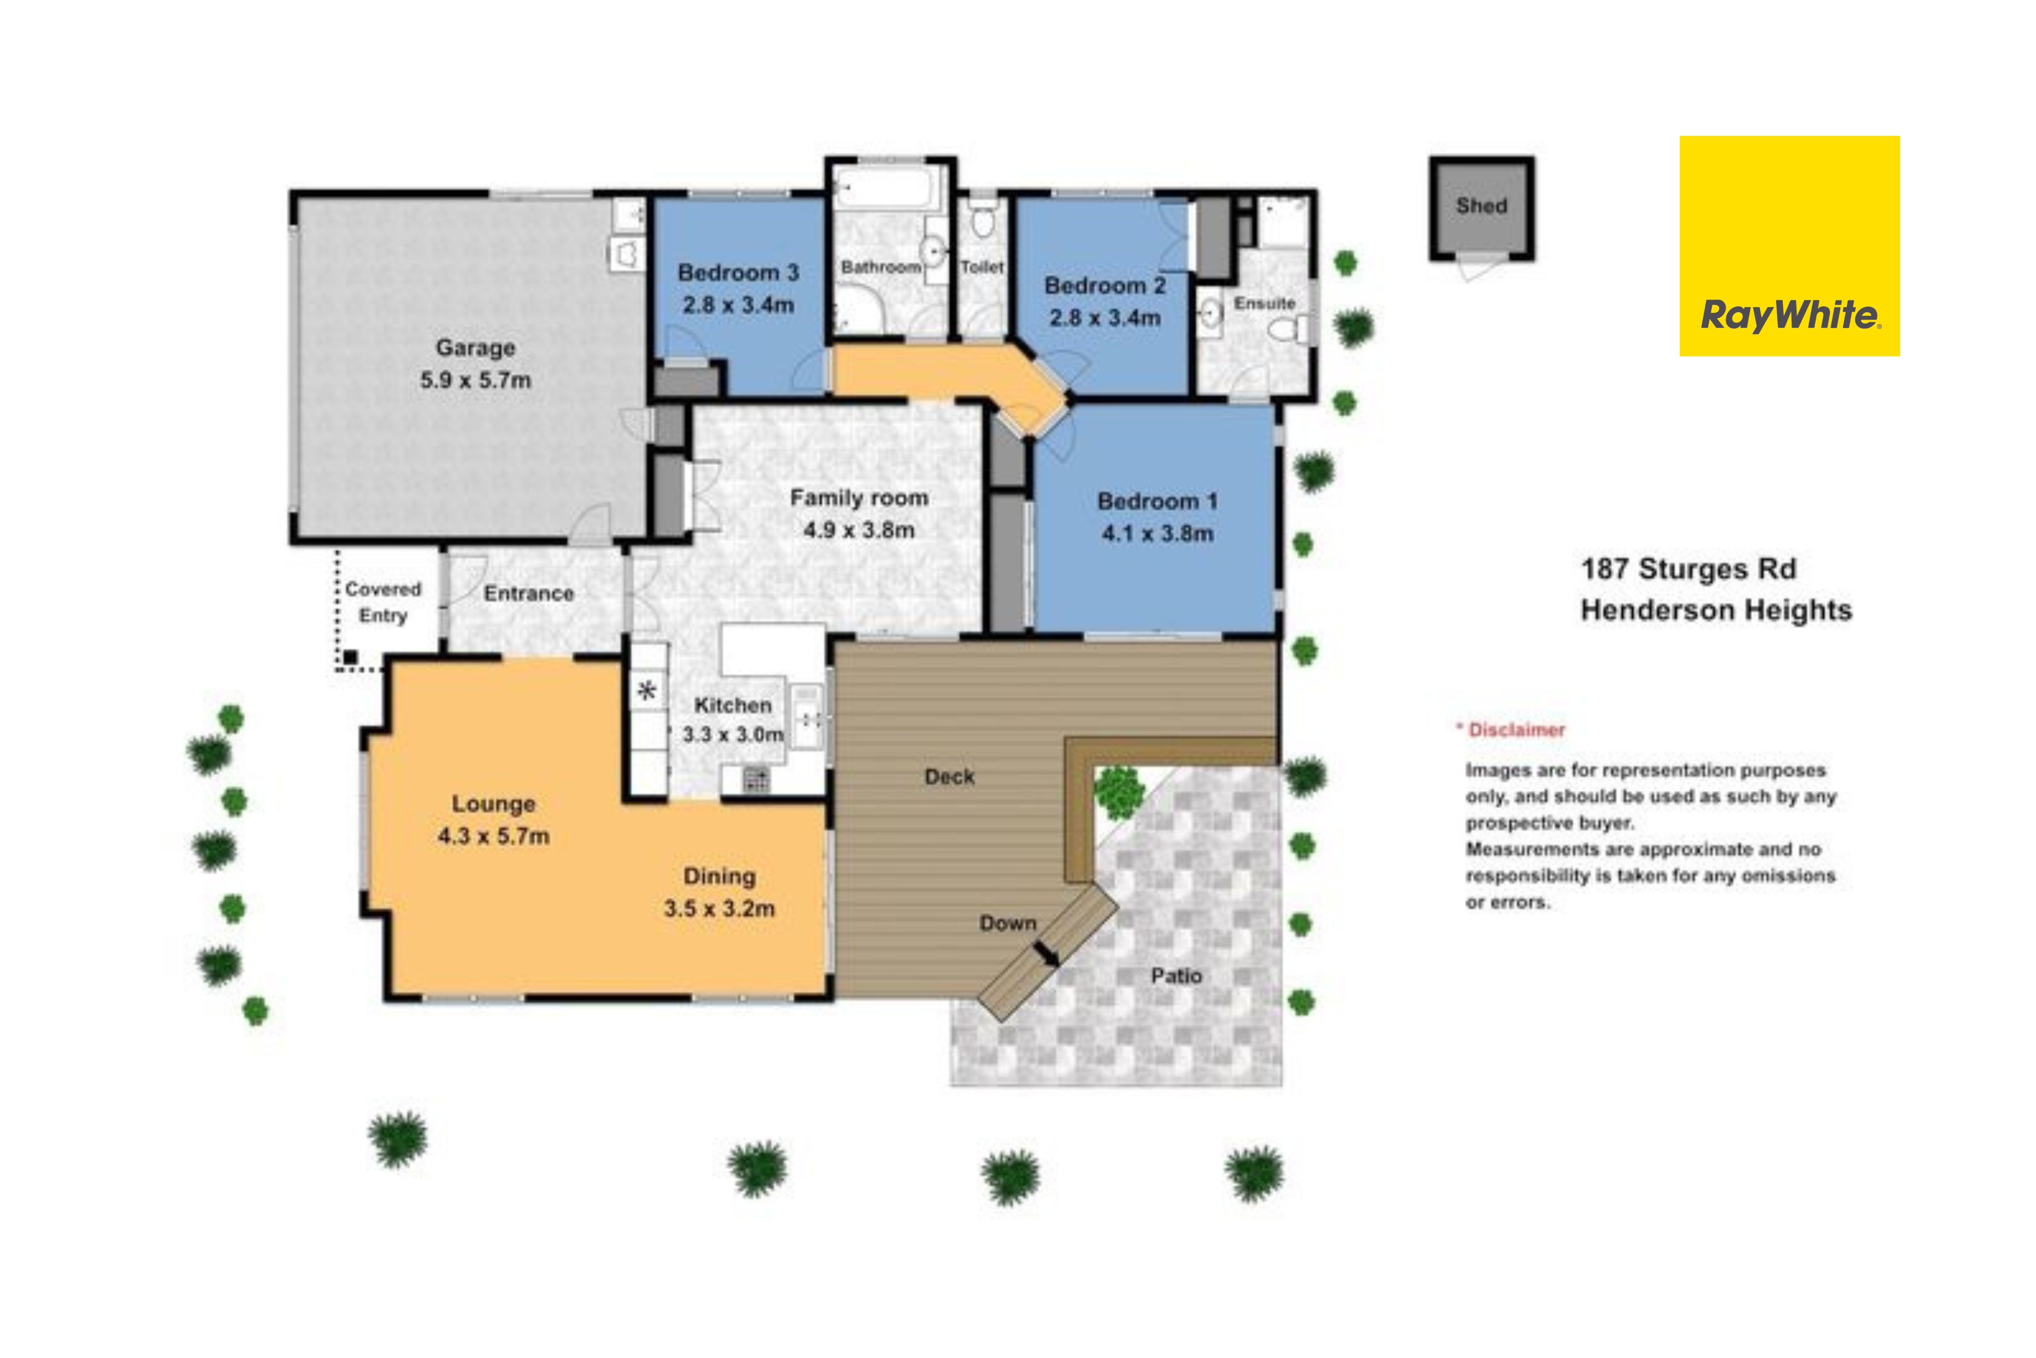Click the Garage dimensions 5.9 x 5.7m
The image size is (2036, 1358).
click(475, 380)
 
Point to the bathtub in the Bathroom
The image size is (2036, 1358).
click(888, 186)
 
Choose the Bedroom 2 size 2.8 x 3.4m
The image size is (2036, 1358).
click(1105, 318)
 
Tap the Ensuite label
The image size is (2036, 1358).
click(1264, 303)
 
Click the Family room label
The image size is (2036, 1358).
click(859, 498)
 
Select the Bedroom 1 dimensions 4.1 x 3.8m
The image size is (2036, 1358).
click(1157, 534)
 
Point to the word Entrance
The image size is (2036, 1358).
click(528, 593)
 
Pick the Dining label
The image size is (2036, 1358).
click(720, 877)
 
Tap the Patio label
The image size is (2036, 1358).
click(1176, 976)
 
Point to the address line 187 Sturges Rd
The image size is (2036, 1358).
click(1689, 569)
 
